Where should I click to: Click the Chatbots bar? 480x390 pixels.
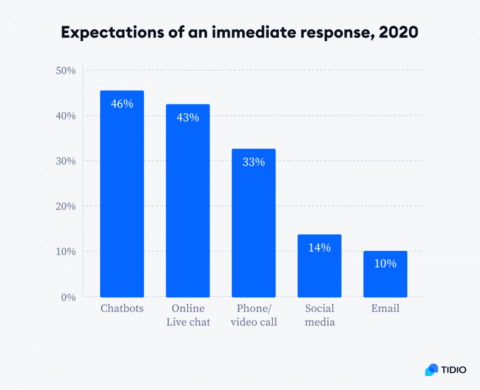click(x=122, y=194)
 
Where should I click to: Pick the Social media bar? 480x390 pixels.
click(x=320, y=266)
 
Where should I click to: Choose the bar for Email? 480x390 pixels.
click(x=385, y=274)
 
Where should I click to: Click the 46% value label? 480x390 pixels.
click(x=122, y=104)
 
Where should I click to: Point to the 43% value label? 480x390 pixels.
click(x=188, y=118)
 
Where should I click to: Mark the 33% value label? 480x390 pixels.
click(x=254, y=162)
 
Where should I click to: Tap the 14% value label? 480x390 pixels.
click(x=320, y=248)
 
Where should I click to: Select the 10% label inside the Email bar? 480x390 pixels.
click(x=385, y=264)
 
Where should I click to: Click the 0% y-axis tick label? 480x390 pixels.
click(x=68, y=297)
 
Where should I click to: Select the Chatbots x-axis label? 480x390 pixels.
click(x=122, y=309)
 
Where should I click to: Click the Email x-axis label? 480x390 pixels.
click(x=385, y=309)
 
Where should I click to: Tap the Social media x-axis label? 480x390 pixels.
click(x=320, y=315)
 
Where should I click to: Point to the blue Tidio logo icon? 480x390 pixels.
click(x=432, y=370)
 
